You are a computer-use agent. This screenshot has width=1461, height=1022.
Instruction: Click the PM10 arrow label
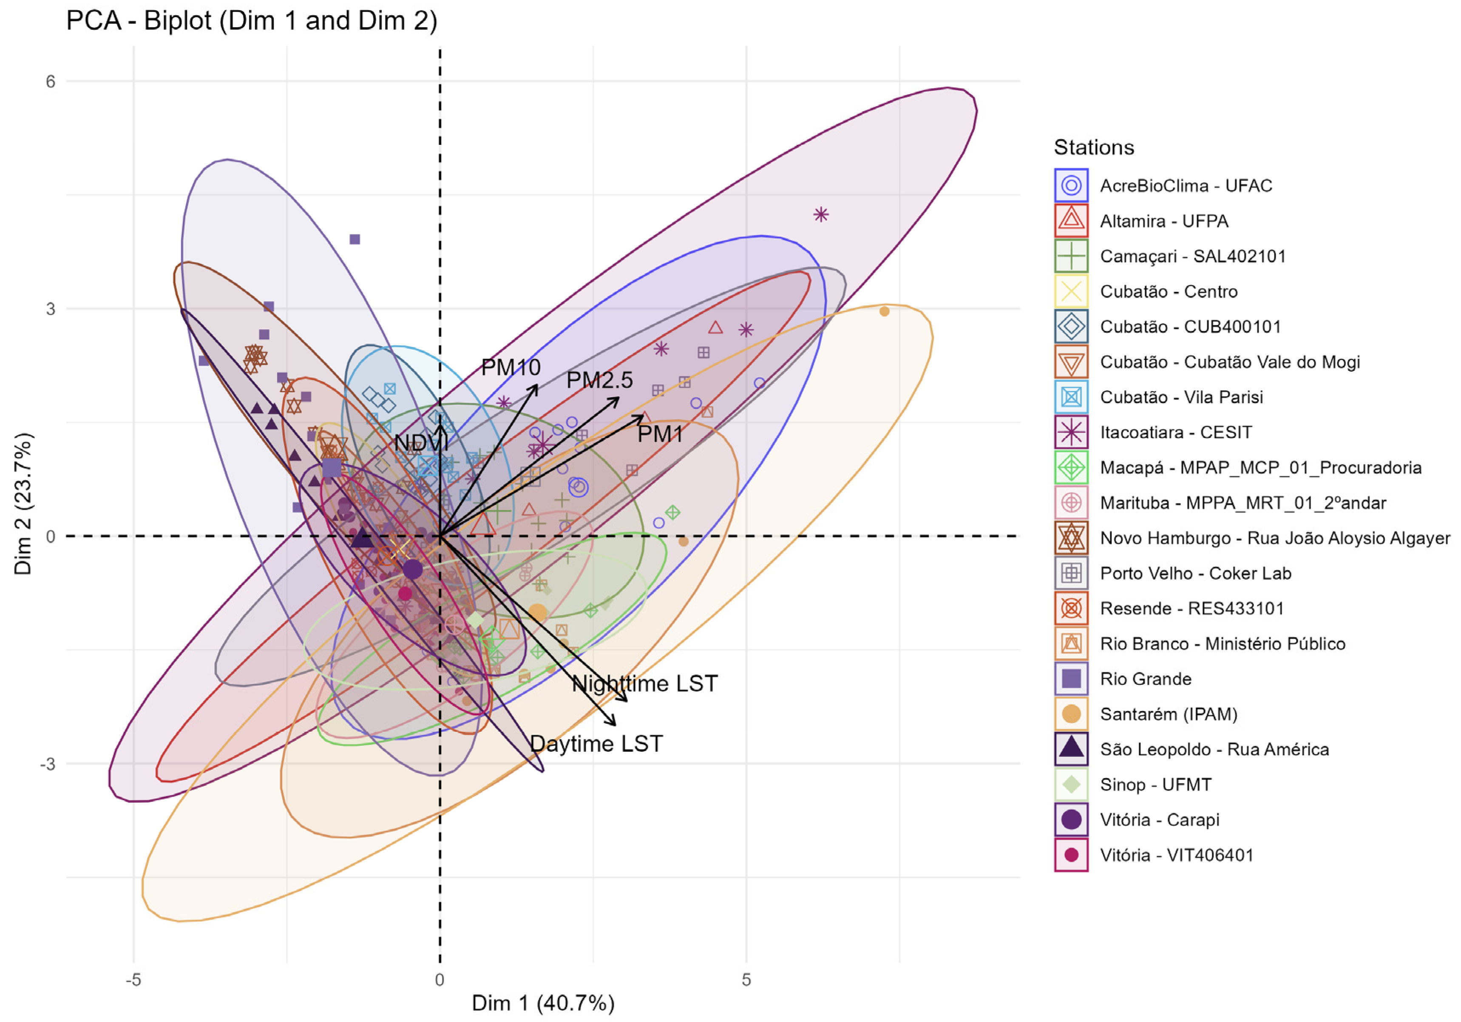(x=511, y=367)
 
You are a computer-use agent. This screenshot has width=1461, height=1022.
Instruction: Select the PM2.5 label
(x=599, y=380)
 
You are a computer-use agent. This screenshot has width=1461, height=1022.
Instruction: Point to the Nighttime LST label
(x=644, y=683)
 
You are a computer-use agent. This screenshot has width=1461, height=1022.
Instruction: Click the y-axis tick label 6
(x=50, y=82)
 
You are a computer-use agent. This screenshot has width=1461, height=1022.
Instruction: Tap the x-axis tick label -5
(x=133, y=980)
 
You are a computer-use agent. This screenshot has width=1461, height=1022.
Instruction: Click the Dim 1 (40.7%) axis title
(x=543, y=1003)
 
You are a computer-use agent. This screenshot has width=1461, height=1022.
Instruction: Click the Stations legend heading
(x=1094, y=147)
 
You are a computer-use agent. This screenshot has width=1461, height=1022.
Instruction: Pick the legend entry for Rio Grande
(x=1123, y=679)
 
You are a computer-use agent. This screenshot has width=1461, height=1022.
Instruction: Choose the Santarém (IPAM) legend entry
(x=1146, y=714)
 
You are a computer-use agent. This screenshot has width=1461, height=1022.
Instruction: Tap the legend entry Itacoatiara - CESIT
(x=1153, y=432)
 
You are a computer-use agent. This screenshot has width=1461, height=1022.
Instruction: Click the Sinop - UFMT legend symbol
(x=1072, y=784)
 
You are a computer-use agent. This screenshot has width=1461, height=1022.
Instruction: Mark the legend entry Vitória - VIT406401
(x=1154, y=855)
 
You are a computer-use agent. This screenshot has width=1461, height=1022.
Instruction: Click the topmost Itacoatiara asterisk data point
(x=821, y=215)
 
